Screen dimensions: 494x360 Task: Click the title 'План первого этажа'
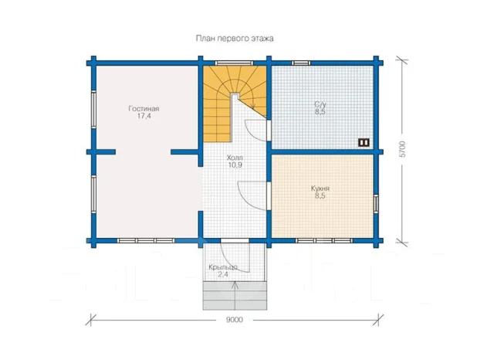click(x=235, y=39)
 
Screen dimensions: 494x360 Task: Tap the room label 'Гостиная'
click(x=144, y=108)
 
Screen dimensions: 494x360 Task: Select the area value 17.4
click(x=144, y=116)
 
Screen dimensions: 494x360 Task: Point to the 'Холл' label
click(x=235, y=158)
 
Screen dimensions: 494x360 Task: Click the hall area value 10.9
click(x=235, y=165)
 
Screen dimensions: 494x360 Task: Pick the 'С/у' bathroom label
click(x=320, y=104)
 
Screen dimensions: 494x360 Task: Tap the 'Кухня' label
click(x=320, y=188)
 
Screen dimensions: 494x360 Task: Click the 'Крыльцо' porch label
click(x=223, y=267)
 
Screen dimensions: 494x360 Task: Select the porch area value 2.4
click(x=223, y=274)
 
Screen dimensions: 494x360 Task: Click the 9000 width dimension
click(x=235, y=320)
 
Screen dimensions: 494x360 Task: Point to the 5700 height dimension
click(x=402, y=149)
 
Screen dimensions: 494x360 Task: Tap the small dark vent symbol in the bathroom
click(x=364, y=142)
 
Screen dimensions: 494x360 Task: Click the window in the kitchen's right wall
click(x=376, y=203)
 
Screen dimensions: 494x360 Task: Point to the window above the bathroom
click(x=301, y=63)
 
